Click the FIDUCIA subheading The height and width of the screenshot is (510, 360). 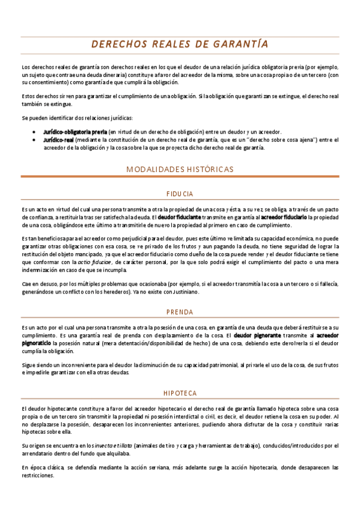[x=180, y=194]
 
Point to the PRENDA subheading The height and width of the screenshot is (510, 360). [x=180, y=312]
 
